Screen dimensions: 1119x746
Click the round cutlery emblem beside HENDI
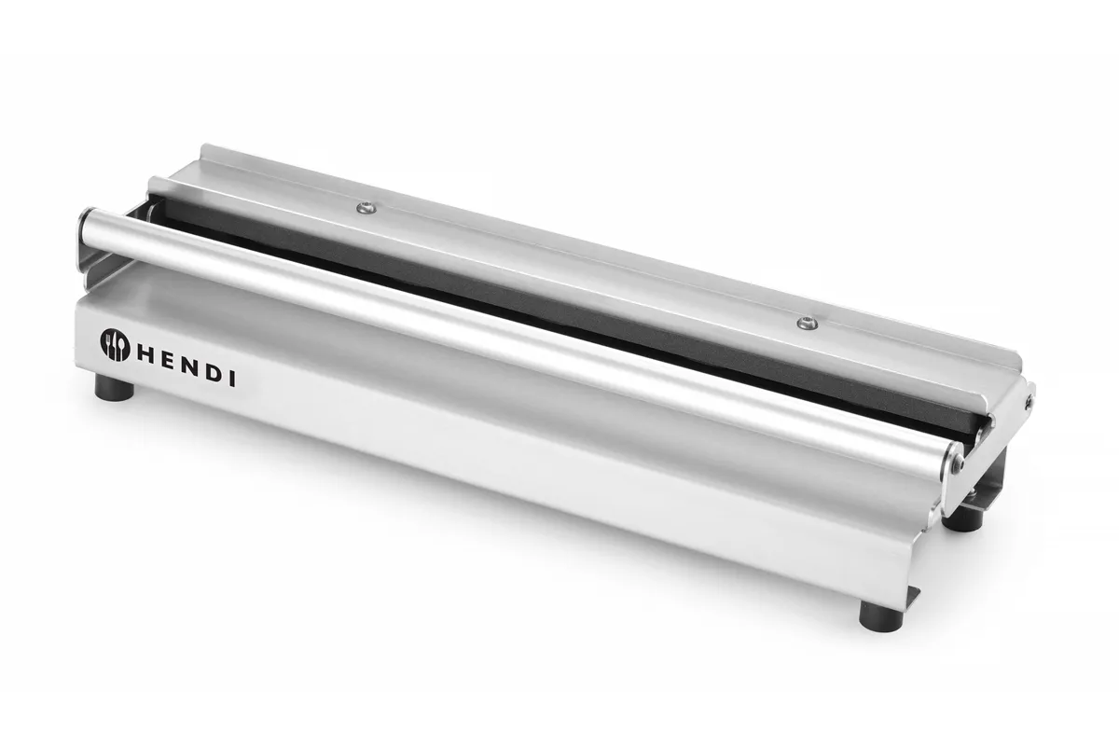tap(116, 345)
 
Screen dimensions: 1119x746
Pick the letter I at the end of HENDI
tap(232, 380)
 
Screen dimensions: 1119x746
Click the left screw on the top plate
tap(366, 207)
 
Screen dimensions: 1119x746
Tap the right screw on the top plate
tap(808, 323)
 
